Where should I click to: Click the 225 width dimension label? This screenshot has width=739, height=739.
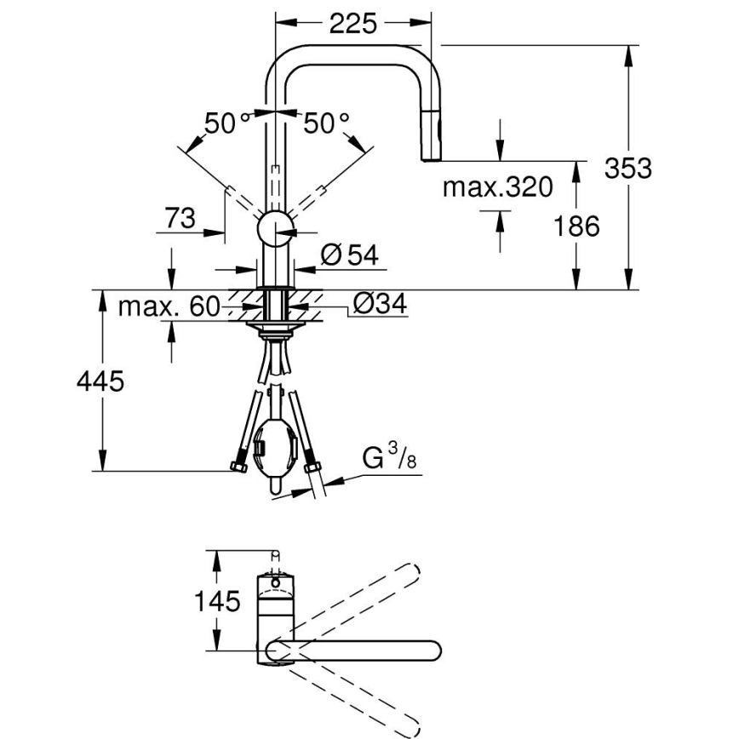click(352, 24)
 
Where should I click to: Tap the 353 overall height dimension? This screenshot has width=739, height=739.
click(627, 168)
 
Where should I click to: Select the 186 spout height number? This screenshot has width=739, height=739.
click(576, 226)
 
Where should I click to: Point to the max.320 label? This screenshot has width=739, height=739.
click(497, 186)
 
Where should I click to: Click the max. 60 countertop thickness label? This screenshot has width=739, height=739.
click(169, 306)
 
